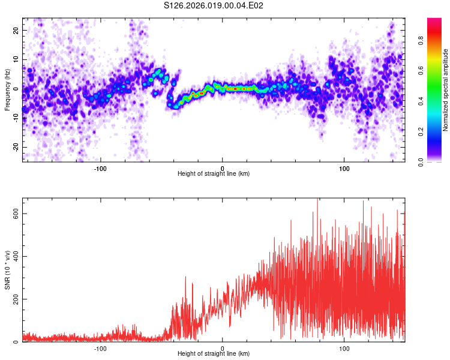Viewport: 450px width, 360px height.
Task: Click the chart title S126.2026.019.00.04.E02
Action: click(x=214, y=5)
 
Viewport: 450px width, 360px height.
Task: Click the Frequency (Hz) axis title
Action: click(x=7, y=89)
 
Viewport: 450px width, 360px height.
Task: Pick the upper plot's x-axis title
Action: click(x=214, y=174)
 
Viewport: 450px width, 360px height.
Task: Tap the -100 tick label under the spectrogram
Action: click(x=100, y=168)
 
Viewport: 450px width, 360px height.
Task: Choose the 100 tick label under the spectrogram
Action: click(x=344, y=168)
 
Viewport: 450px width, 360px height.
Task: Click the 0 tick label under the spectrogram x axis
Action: click(x=223, y=168)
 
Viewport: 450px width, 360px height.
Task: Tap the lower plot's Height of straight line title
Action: click(x=214, y=354)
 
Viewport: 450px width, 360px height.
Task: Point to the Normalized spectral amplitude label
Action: click(x=446, y=90)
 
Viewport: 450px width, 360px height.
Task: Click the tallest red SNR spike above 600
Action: click(x=317, y=199)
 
